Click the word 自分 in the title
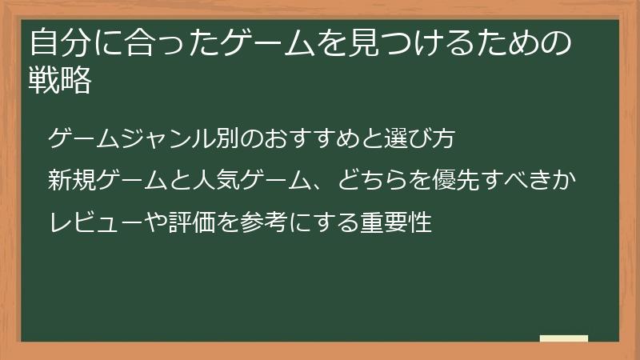(58, 43)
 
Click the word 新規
(70, 181)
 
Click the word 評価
(192, 222)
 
